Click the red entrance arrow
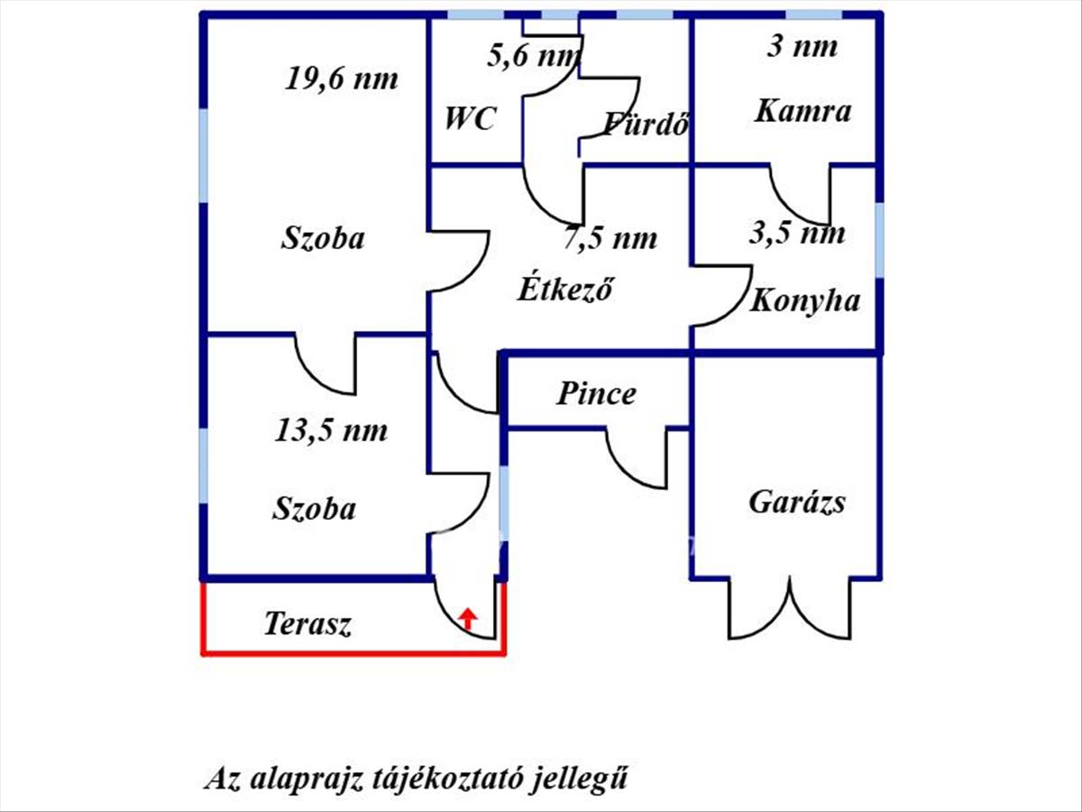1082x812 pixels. click(x=468, y=619)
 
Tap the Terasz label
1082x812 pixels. click(x=308, y=624)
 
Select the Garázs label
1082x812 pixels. click(x=797, y=503)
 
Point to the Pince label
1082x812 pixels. click(x=597, y=394)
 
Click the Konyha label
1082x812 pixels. click(x=805, y=301)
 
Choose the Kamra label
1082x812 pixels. click(x=803, y=111)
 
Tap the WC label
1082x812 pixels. click(x=469, y=119)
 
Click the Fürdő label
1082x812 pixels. click(x=646, y=124)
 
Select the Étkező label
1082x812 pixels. click(x=565, y=288)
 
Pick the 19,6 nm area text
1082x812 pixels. click(x=341, y=78)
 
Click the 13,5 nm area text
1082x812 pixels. click(x=331, y=430)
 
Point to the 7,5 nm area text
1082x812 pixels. click(x=610, y=238)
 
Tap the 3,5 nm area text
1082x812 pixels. click(x=797, y=233)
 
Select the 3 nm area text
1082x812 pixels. click(x=802, y=47)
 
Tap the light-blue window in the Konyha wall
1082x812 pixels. click(x=879, y=240)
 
